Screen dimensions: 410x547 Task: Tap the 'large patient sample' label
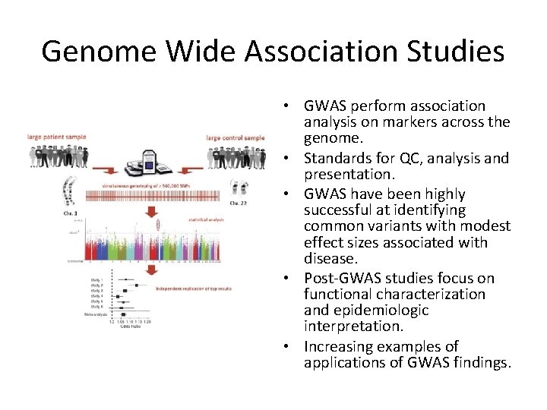click(x=56, y=137)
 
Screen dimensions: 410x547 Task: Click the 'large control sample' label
click(x=236, y=137)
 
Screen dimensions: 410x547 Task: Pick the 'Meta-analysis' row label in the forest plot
click(x=93, y=314)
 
